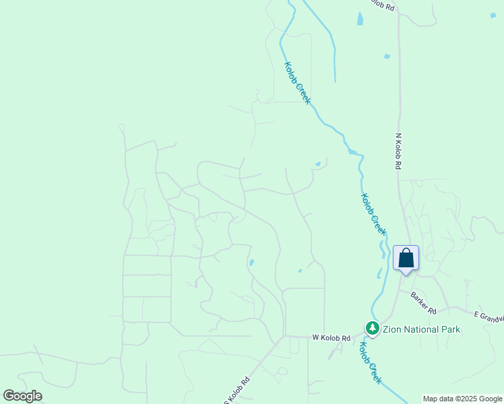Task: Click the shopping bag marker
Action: (x=406, y=259)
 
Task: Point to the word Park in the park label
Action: (x=451, y=329)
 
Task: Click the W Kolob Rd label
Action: (x=332, y=338)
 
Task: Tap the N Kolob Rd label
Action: (x=398, y=151)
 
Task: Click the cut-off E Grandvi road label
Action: (x=489, y=316)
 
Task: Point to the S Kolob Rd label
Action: (x=233, y=393)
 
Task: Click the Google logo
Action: (x=22, y=396)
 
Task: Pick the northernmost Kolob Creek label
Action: (x=297, y=83)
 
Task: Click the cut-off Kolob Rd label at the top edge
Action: (x=382, y=5)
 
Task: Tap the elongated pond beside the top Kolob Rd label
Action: (x=360, y=18)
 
